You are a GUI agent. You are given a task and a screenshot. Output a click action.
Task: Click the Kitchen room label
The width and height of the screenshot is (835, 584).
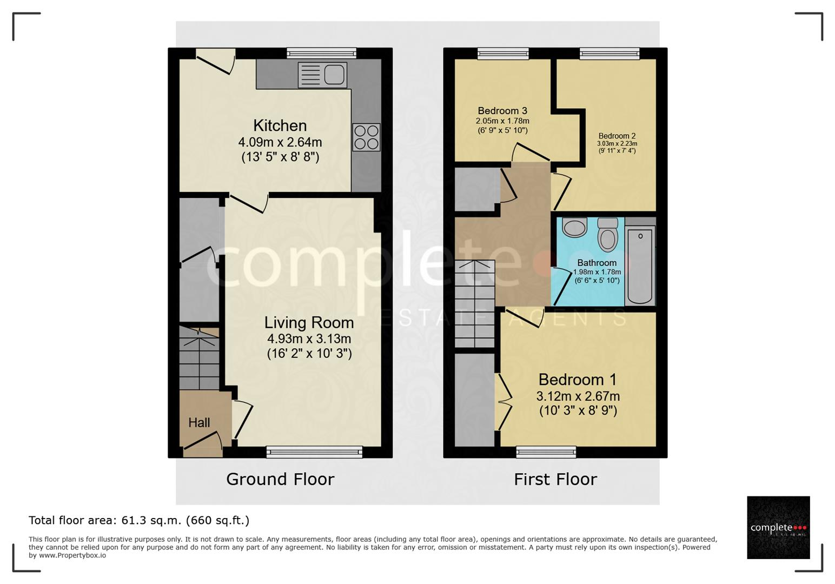(x=280, y=125)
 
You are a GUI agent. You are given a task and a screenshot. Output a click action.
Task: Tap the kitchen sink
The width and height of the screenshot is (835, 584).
(x=322, y=75)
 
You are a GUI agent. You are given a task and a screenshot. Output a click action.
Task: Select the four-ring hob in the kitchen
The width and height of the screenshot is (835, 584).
(x=367, y=137)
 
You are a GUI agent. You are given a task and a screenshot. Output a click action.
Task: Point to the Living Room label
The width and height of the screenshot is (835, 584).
(x=309, y=323)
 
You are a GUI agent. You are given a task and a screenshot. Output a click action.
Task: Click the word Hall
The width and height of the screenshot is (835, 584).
(x=199, y=423)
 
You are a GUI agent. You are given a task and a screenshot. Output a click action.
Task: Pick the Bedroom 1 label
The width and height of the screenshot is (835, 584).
(x=578, y=380)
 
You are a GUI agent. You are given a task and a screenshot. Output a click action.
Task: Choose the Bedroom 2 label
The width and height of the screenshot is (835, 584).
(x=617, y=136)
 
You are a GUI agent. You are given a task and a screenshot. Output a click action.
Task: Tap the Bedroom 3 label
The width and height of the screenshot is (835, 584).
(x=502, y=111)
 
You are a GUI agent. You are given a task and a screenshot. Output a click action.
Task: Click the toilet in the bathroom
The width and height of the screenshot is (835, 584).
(x=608, y=235)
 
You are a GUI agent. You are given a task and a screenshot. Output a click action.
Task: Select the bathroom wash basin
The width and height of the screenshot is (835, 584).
(x=574, y=227)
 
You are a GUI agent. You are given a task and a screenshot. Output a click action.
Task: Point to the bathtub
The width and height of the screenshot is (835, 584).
(x=640, y=266)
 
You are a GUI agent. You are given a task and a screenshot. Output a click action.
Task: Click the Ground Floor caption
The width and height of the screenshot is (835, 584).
(x=280, y=479)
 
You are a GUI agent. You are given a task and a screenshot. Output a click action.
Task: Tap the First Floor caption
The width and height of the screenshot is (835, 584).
(x=555, y=480)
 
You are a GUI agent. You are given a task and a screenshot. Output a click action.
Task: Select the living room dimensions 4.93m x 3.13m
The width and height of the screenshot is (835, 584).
(x=309, y=339)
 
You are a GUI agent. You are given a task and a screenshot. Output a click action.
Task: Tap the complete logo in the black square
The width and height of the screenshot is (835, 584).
(x=778, y=527)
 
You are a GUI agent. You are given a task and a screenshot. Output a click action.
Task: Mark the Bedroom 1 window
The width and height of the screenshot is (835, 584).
(x=546, y=452)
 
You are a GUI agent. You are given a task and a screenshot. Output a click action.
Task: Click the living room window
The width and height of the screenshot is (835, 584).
(x=314, y=452)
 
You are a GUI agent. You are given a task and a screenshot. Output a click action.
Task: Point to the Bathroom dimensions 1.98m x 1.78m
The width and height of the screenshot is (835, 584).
(x=597, y=272)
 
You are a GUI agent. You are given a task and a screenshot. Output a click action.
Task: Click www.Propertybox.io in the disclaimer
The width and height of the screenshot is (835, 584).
(x=72, y=556)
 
